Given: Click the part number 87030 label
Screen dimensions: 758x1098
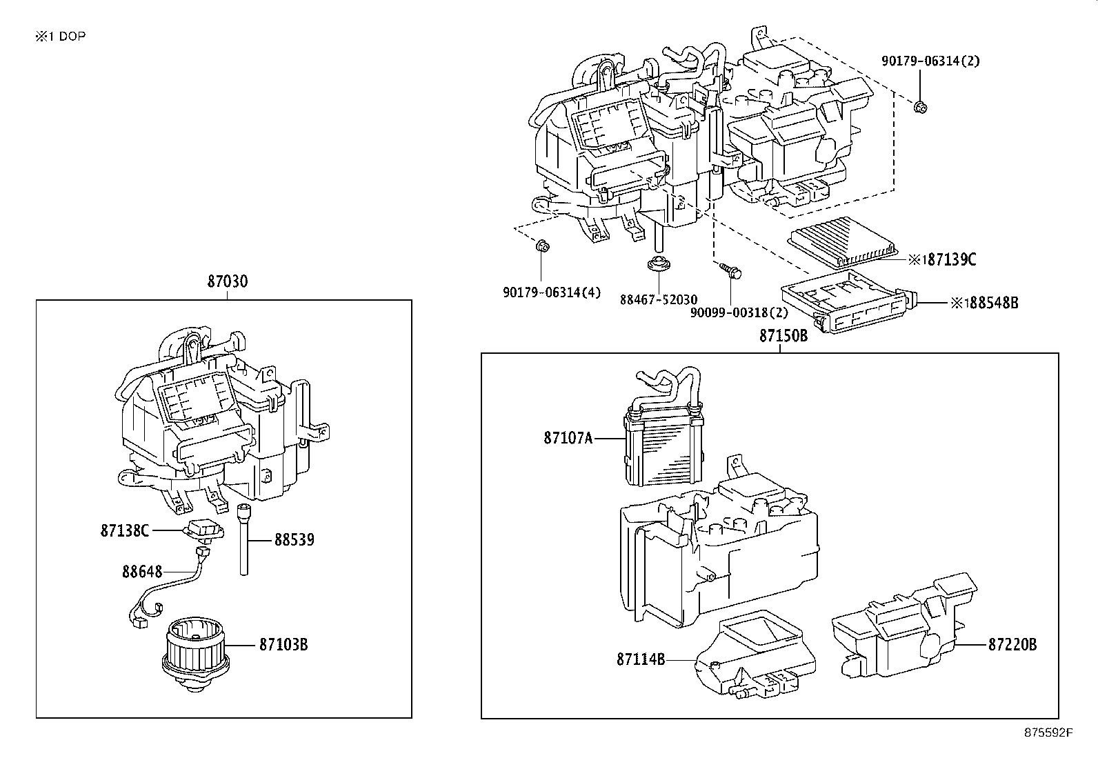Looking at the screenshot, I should click(x=227, y=281).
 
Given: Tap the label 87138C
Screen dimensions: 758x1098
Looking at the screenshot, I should click(x=124, y=530).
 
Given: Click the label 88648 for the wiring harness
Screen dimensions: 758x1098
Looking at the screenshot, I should click(x=142, y=571).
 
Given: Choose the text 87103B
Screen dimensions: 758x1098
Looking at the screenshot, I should click(x=283, y=644).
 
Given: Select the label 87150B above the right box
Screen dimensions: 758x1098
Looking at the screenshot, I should click(x=783, y=336).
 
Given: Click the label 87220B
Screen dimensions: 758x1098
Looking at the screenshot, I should click(x=1012, y=644).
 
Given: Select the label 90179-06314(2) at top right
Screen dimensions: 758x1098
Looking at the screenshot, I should click(x=930, y=61).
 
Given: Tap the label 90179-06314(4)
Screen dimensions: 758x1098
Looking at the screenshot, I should click(x=551, y=292).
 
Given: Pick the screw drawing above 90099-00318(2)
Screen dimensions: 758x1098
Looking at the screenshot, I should click(x=729, y=270).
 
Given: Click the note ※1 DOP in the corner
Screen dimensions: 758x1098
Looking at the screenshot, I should click(x=61, y=37).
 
